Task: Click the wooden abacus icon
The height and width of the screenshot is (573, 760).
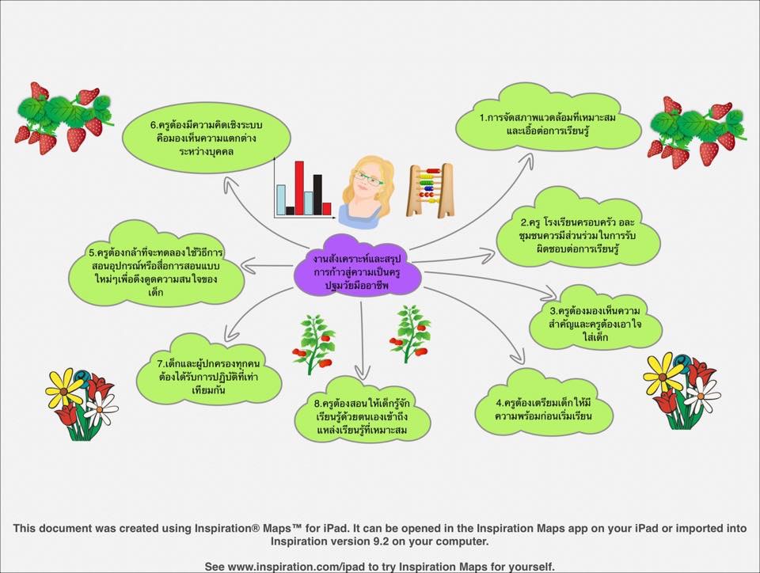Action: click(x=430, y=191)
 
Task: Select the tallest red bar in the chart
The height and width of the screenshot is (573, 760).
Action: click(x=299, y=188)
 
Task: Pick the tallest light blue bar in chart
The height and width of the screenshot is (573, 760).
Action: click(x=280, y=200)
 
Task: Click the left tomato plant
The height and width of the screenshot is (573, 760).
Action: click(x=314, y=344)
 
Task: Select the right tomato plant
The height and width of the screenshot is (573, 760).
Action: click(x=410, y=333)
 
